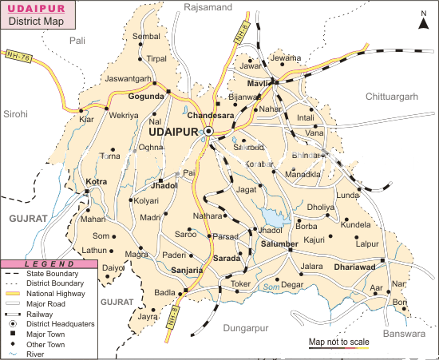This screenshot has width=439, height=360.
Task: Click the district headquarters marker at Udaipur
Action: coord(208,131)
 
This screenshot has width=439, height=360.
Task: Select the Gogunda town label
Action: coord(145,95)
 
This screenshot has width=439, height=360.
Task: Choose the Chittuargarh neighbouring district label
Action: coord(390,96)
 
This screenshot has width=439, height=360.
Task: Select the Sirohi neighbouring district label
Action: coord(15,114)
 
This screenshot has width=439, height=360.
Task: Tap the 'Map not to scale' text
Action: coord(338,342)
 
